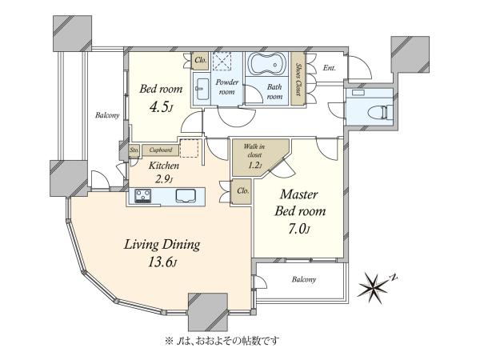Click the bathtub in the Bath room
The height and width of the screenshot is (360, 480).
[267, 64]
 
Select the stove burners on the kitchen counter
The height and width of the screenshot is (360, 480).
[143, 196]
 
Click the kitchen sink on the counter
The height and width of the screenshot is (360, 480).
[186, 195]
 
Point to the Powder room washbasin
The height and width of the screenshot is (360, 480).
[202, 89]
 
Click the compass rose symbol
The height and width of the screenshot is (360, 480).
[375, 286]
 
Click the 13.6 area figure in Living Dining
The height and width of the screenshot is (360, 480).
[162, 262]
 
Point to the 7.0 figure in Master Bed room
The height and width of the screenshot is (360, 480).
[299, 229]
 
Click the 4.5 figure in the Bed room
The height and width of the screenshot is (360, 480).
[161, 106]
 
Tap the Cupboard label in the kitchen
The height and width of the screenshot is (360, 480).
[161, 150]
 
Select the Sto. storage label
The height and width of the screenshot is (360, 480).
[134, 150]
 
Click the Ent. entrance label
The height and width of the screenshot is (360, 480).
[330, 68]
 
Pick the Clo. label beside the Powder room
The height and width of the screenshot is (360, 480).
[201, 60]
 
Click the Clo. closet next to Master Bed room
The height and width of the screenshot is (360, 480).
[243, 191]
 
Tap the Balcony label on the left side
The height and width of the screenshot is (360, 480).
[107, 115]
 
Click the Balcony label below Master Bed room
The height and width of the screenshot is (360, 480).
[304, 279]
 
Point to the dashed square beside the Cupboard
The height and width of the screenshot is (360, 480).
[189, 148]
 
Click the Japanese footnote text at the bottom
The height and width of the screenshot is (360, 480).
[222, 340]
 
